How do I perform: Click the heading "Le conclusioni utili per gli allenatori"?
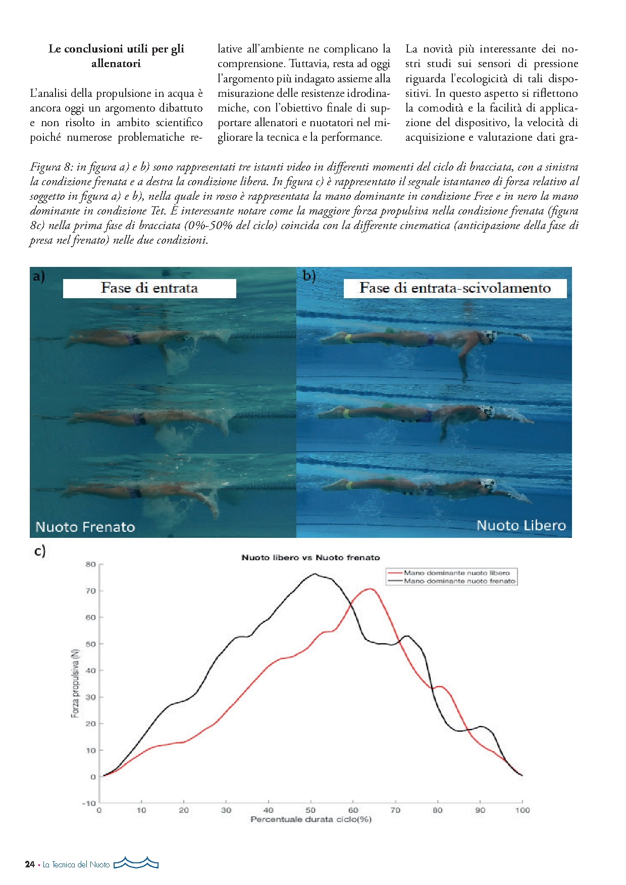click(x=116, y=56)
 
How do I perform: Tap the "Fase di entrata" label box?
click(x=149, y=288)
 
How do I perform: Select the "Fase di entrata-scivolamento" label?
click(x=455, y=288)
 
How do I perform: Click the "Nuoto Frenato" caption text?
click(x=85, y=527)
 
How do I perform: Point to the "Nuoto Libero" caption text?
click(x=521, y=525)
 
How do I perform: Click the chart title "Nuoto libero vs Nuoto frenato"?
click(x=310, y=558)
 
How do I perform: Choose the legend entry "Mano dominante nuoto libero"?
click(x=456, y=573)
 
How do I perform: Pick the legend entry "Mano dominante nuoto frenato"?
click(x=459, y=581)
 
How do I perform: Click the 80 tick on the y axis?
click(x=90, y=564)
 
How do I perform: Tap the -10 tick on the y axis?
click(x=89, y=803)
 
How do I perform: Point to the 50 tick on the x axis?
click(x=311, y=810)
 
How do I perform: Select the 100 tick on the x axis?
click(x=523, y=810)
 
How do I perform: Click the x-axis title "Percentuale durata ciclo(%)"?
click(x=311, y=819)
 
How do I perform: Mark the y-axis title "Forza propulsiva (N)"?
click(x=75, y=683)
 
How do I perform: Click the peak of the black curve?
click(x=315, y=574)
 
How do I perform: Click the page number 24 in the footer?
click(x=30, y=864)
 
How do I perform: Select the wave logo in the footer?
click(x=136, y=863)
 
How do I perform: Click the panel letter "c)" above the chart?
click(x=40, y=550)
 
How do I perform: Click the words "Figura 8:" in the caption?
click(x=51, y=167)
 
